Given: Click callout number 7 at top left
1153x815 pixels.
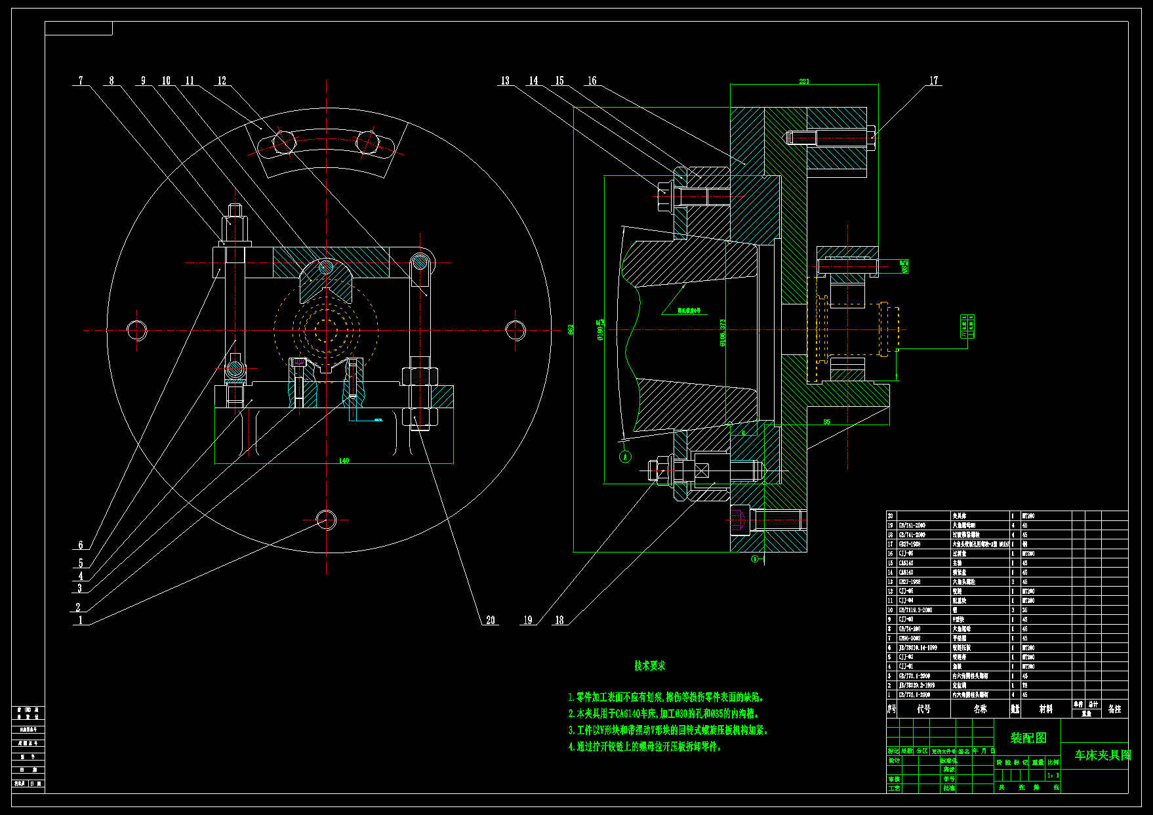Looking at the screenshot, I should (81, 81).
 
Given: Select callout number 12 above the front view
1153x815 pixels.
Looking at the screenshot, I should (222, 81).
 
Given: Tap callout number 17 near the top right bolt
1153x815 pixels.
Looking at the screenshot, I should (934, 81).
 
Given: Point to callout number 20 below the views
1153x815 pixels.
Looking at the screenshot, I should (491, 620).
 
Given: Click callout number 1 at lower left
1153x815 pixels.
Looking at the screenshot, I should (81, 620).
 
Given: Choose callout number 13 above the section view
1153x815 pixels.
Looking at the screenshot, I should (505, 81).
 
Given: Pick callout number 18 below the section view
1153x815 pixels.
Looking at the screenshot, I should (559, 620).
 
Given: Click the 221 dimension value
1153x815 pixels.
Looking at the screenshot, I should (804, 81).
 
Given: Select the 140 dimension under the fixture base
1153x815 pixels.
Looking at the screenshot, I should (344, 461).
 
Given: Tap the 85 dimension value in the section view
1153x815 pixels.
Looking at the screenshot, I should (826, 422).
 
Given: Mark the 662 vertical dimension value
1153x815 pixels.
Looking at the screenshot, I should (571, 329).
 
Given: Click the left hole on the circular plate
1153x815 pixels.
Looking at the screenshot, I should (137, 330).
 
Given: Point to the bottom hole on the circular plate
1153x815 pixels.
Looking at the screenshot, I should (326, 519).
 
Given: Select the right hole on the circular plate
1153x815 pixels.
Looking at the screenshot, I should (516, 330).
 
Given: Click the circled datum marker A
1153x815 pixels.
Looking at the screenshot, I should (626, 456).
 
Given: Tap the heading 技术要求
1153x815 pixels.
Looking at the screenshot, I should (649, 665).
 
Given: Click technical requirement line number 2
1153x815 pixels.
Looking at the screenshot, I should (664, 713).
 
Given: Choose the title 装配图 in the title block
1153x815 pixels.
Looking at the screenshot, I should (1028, 738).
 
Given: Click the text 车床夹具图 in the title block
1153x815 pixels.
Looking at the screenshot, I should (1102, 755).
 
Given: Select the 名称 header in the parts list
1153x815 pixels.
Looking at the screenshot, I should (980, 709).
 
